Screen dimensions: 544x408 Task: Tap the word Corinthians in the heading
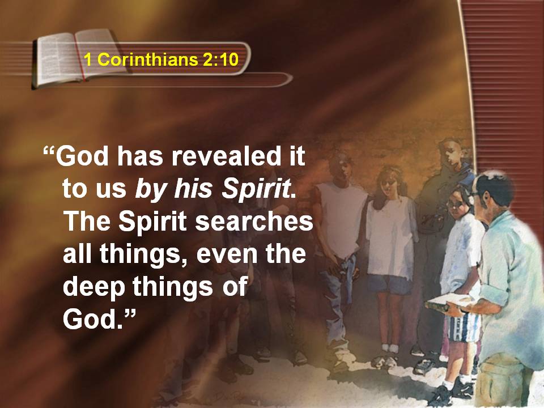147,59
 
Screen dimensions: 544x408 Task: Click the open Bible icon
79,58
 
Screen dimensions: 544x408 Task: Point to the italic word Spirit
256,189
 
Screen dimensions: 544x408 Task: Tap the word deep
93,288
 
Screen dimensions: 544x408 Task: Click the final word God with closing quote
99,318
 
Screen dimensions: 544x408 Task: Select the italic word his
193,189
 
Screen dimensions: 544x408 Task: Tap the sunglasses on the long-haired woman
389,181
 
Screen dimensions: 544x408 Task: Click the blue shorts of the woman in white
390,284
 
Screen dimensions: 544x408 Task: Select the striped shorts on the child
464,328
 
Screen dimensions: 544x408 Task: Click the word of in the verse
235,287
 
